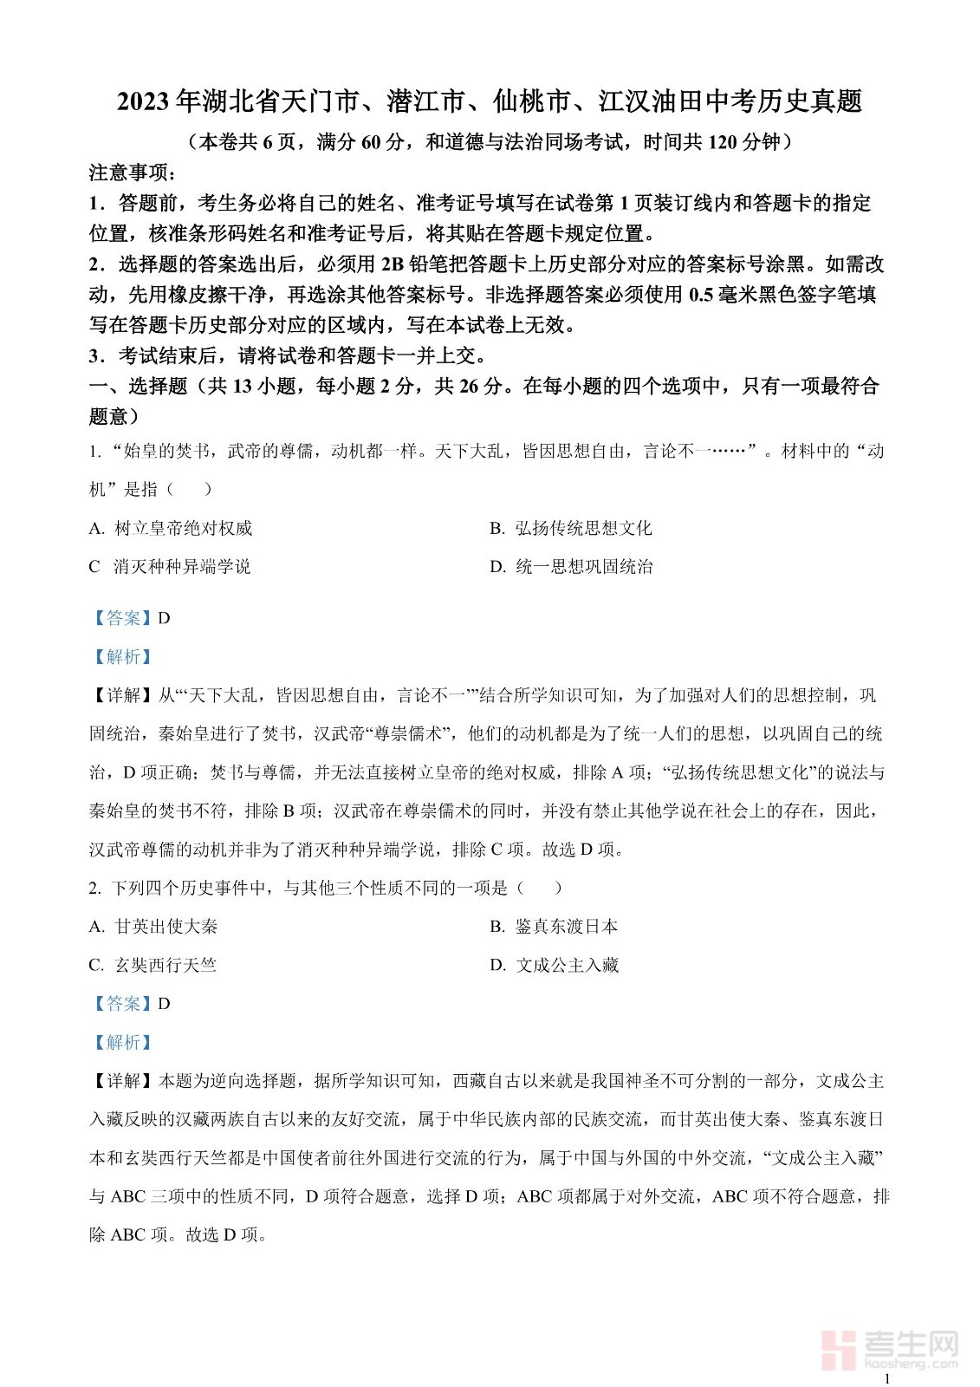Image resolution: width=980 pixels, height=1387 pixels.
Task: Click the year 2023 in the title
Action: coord(144,102)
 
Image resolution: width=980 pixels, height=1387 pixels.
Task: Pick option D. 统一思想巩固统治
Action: coord(571,567)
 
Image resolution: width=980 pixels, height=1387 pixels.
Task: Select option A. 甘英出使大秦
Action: coord(153,926)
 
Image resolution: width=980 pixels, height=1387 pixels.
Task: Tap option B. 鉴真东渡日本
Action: coord(554,926)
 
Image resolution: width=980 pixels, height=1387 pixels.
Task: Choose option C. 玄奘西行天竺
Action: coord(153,965)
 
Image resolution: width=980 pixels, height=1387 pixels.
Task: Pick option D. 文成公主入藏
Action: coord(554,965)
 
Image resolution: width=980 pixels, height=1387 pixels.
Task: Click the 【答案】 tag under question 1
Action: coord(123,618)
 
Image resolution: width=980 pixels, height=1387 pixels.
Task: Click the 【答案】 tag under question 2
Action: coord(123,1003)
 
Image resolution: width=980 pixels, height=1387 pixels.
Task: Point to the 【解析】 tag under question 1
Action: coord(123,657)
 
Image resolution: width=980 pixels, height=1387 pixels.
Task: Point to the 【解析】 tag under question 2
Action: coord(123,1042)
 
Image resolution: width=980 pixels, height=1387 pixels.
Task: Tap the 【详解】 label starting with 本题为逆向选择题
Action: coord(123,1081)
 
